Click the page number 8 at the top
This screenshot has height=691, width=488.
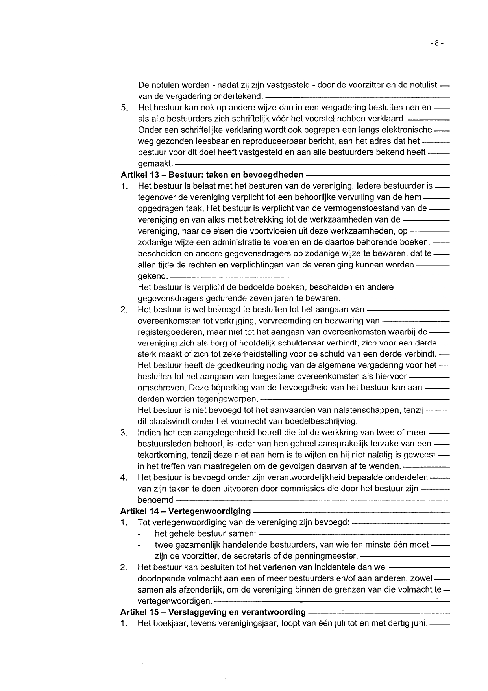[436, 43]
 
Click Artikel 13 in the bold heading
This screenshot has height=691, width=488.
[139, 175]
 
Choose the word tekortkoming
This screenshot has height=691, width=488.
[162, 455]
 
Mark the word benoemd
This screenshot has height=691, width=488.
[155, 500]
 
